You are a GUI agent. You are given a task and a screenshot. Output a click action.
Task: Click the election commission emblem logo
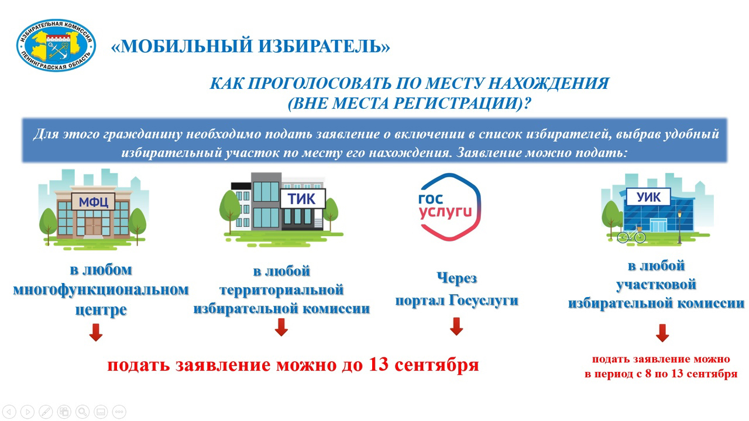[x=56, y=45]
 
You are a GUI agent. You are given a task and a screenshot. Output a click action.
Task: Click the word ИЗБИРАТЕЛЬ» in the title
[x=324, y=46]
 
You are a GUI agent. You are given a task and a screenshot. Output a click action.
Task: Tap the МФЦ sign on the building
[x=93, y=202]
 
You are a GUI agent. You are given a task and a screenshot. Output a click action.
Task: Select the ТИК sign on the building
[x=302, y=198]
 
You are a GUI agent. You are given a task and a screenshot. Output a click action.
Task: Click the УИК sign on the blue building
[x=648, y=197]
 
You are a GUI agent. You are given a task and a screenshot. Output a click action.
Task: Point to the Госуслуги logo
[x=450, y=207]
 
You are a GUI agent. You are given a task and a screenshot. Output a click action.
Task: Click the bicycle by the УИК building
[x=631, y=234]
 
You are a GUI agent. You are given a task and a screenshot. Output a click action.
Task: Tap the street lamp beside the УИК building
[x=679, y=227]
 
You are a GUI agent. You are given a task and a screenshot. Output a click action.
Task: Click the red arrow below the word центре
[x=96, y=332]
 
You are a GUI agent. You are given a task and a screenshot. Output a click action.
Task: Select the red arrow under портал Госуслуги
[x=456, y=326]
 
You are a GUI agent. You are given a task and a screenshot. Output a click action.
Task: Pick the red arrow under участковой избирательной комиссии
[x=662, y=333]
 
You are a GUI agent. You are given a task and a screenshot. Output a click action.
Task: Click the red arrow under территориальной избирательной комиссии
[x=281, y=327]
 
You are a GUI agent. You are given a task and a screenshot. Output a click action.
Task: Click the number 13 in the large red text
[x=379, y=364]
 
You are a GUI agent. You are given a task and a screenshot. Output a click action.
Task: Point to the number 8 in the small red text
[x=648, y=373]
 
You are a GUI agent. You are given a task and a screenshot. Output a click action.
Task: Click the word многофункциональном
[x=101, y=289]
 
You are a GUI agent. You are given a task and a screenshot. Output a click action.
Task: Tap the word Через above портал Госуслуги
[x=457, y=278]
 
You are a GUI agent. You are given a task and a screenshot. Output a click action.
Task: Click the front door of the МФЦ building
[x=93, y=226]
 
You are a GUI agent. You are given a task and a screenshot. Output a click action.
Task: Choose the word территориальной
[x=281, y=290]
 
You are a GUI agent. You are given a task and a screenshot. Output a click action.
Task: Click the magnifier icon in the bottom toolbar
[x=83, y=412]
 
